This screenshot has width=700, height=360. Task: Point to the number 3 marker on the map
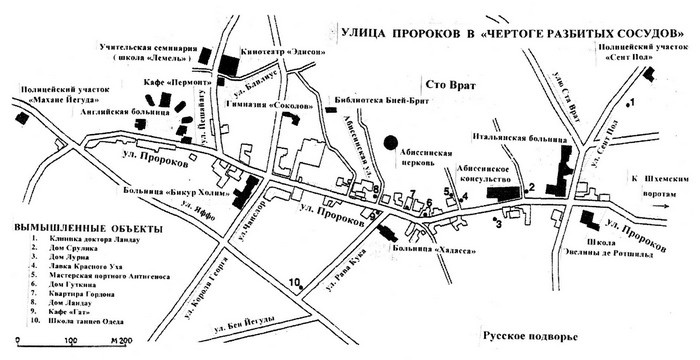497,224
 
